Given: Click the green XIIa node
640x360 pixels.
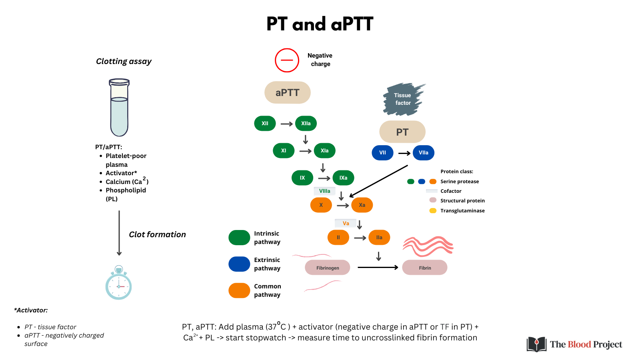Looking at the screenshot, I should [x=306, y=123].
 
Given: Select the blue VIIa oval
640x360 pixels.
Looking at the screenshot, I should [x=423, y=152].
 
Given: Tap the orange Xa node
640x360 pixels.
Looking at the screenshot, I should [x=362, y=205].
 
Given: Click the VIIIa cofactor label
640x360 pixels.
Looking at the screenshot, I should [x=324, y=191].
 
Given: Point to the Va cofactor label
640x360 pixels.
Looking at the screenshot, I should [x=346, y=223].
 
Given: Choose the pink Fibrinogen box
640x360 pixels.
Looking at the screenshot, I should [x=327, y=268].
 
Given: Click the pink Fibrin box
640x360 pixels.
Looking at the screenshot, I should [x=424, y=268].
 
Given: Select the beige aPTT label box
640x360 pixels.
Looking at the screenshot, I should [x=287, y=92].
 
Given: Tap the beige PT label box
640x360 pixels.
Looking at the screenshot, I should [x=402, y=132].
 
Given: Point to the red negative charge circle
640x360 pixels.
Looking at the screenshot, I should [x=287, y=60].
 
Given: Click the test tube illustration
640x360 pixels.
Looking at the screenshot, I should [x=119, y=108].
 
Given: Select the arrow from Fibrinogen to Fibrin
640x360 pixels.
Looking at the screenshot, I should [x=378, y=267].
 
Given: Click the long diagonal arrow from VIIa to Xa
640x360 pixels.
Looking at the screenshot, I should [x=379, y=181].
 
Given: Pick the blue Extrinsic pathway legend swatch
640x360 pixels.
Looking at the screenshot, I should [x=239, y=264].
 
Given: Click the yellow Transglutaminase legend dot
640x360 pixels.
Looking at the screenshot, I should [x=433, y=210].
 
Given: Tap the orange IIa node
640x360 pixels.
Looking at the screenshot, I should [x=379, y=237].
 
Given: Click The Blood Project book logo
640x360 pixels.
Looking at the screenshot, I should [x=536, y=344].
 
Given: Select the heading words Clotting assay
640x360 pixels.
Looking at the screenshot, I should [x=124, y=61].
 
